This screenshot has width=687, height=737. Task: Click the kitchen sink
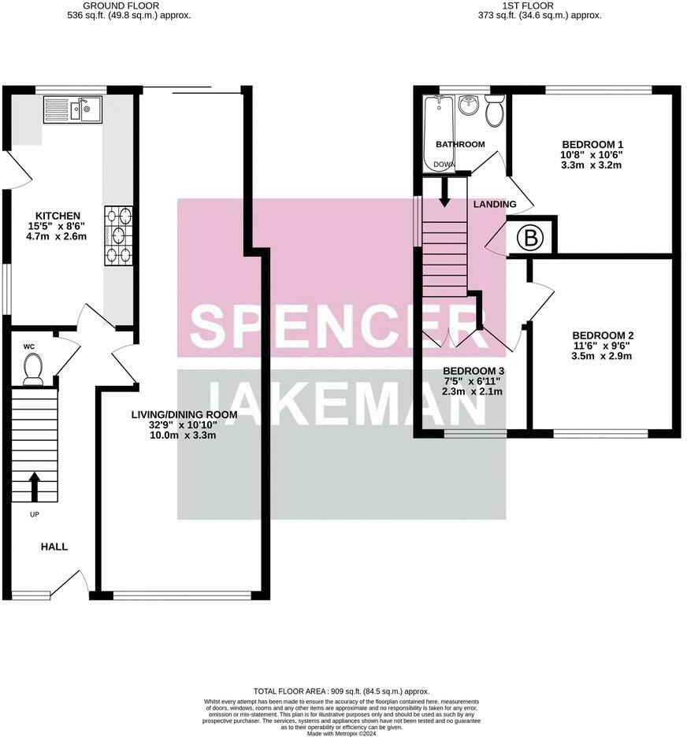point(73,109)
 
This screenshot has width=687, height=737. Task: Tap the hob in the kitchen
point(118,235)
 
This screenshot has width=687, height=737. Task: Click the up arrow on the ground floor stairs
point(34,487)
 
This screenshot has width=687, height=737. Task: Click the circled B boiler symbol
point(530,239)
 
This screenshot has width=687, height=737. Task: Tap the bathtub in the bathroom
point(439,134)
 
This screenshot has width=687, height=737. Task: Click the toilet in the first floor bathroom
point(495,110)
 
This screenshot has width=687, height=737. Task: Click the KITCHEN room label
point(58,216)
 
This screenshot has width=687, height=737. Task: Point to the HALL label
point(54,546)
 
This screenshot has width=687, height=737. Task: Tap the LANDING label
point(495,204)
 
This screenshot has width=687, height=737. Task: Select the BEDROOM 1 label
point(592,144)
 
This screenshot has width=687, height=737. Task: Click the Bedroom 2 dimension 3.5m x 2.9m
point(601,356)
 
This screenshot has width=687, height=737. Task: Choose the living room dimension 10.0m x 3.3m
point(183,435)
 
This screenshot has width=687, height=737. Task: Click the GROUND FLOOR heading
point(121,6)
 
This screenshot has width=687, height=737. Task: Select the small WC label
point(29,346)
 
